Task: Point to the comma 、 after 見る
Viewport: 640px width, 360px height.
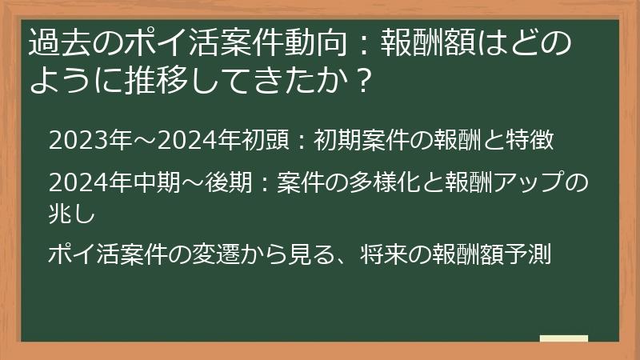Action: coord(346,261)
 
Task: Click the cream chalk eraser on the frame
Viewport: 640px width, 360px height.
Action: coord(563,339)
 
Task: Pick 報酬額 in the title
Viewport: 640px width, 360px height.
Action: coord(418,42)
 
